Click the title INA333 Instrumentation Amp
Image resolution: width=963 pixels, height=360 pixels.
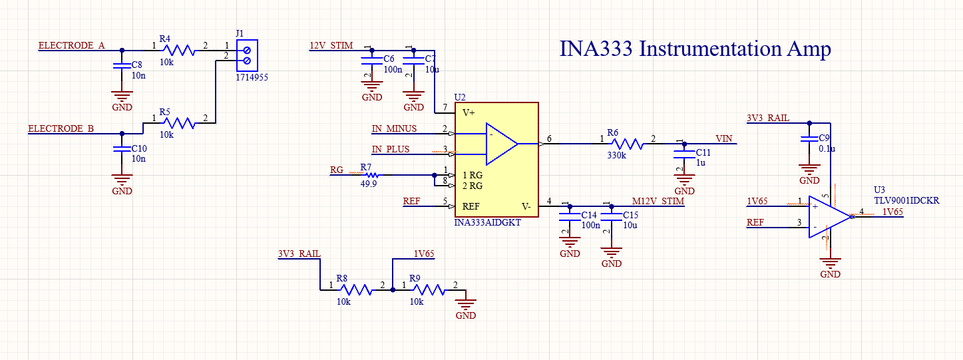point(695,49)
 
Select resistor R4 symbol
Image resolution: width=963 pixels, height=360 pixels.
point(179,50)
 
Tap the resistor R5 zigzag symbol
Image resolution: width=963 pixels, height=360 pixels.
point(179,122)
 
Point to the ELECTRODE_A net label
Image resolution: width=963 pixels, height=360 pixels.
point(71,46)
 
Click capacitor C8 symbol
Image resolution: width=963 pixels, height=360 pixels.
point(121,67)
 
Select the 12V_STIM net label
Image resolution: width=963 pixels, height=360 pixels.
point(331,46)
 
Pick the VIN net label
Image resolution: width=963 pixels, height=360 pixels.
point(723,138)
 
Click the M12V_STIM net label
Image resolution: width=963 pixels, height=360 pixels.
point(658,201)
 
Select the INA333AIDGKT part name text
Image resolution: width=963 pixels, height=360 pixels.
point(487,224)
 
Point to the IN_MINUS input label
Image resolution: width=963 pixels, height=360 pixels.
point(394,128)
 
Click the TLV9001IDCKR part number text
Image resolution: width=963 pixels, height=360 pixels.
point(906,200)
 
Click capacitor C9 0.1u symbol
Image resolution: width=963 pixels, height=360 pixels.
point(809,140)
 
